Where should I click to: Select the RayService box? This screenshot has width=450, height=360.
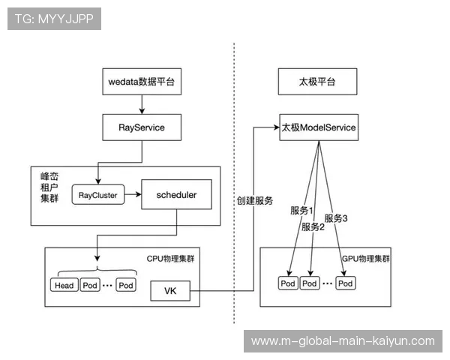click(141, 127)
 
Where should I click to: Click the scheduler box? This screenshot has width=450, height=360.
click(176, 195)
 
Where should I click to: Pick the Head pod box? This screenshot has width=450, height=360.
click(64, 286)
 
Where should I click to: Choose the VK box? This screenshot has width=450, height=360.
click(169, 290)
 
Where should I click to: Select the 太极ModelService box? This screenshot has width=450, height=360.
click(319, 127)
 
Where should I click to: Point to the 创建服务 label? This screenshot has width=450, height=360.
click(255, 201)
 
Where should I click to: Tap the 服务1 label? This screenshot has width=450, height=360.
click(301, 211)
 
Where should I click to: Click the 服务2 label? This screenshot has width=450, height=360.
click(313, 226)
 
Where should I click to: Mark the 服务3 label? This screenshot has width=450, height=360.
click(336, 218)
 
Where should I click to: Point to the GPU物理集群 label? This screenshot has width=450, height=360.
click(366, 258)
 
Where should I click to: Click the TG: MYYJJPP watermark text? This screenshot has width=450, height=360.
click(53, 19)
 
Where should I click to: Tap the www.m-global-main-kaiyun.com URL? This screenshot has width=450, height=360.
click(342, 341)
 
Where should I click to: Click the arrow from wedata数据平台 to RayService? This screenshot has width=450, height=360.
click(141, 103)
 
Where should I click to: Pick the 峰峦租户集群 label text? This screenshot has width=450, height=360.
click(49, 186)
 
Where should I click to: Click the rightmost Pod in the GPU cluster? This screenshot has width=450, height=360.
click(346, 283)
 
